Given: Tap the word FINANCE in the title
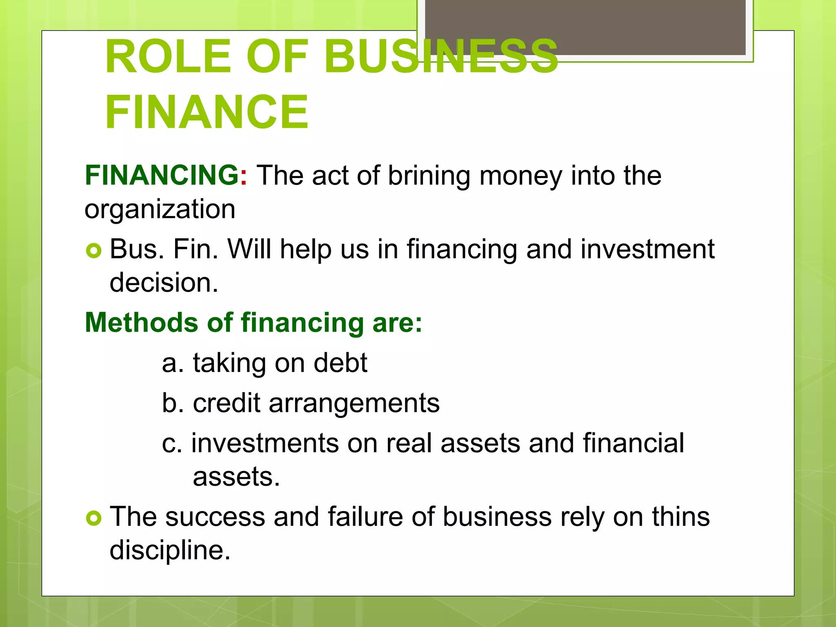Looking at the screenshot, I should pos(207,112).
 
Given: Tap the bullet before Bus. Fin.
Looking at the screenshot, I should pos(93,250).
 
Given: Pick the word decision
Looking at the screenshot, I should pos(164,282).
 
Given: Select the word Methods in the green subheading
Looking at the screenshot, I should pos(141,322).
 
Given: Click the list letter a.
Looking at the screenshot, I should pos(170,363).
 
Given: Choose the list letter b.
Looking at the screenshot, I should pos(170,403).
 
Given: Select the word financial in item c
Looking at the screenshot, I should pos(633,443).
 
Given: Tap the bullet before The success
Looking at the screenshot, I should pos(93,518).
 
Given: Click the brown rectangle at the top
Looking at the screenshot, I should pos(585,27).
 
